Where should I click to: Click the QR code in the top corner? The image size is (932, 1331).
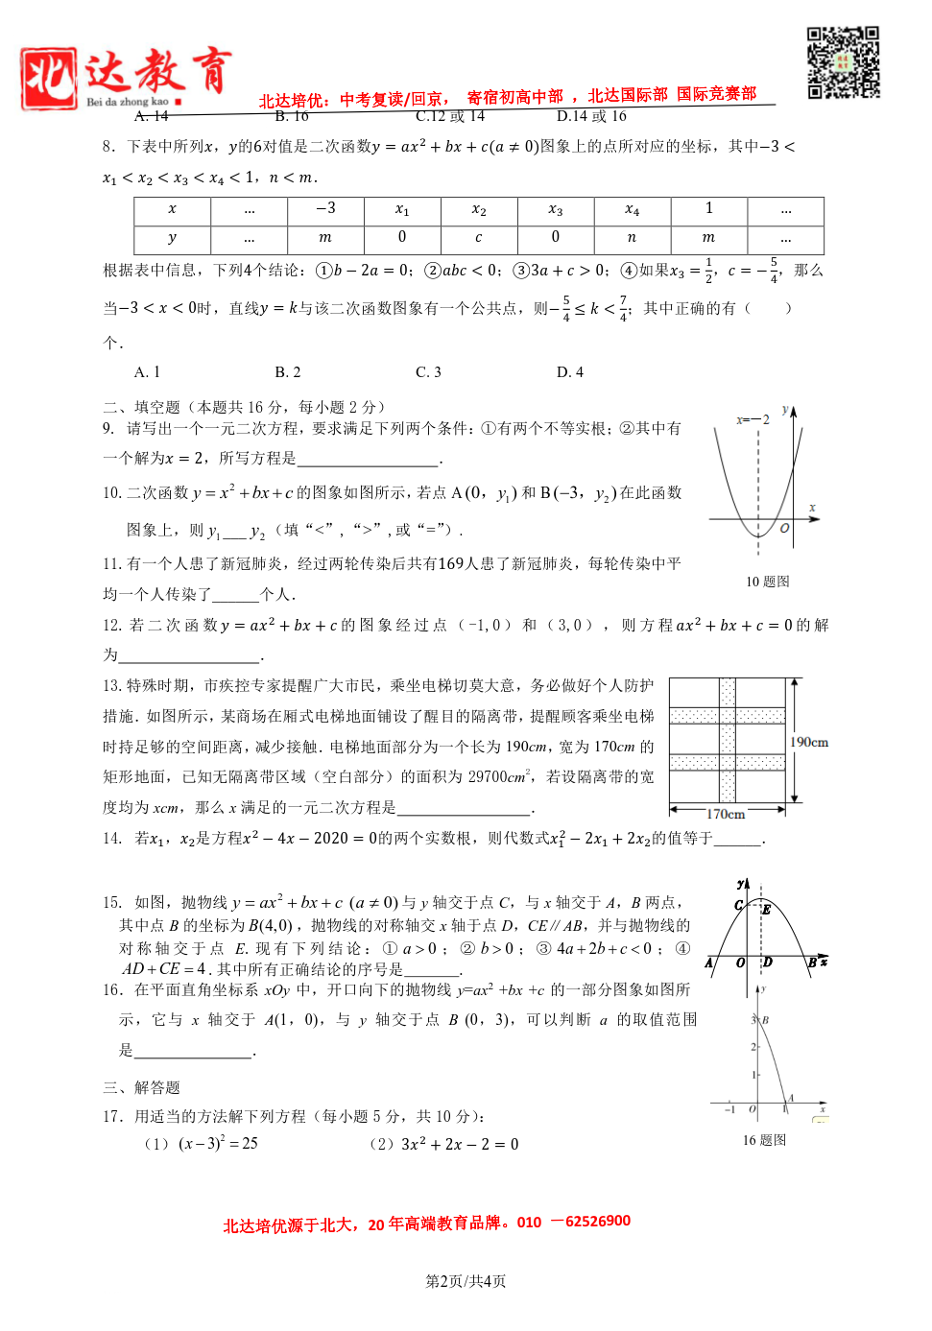click(843, 62)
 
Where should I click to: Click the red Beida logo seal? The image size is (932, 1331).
click(49, 78)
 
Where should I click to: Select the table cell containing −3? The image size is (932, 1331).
click(325, 209)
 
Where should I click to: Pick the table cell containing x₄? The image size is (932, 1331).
click(632, 209)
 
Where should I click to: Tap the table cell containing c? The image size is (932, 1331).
click(478, 237)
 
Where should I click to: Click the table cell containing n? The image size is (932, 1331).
click(632, 237)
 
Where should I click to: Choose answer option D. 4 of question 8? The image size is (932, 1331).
click(570, 372)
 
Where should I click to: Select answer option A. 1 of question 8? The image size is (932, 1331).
click(147, 372)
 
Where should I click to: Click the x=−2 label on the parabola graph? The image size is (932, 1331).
click(753, 419)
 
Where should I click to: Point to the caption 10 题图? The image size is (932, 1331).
click(767, 582)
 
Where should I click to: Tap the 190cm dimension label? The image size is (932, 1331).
click(808, 742)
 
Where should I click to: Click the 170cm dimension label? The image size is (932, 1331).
click(726, 814)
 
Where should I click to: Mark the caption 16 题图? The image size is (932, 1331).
click(764, 1140)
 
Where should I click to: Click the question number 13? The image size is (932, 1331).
click(111, 686)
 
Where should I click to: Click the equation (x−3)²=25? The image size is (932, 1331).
click(218, 1144)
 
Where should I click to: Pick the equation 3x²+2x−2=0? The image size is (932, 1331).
click(460, 1144)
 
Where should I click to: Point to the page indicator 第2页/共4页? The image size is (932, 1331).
click(466, 1281)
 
